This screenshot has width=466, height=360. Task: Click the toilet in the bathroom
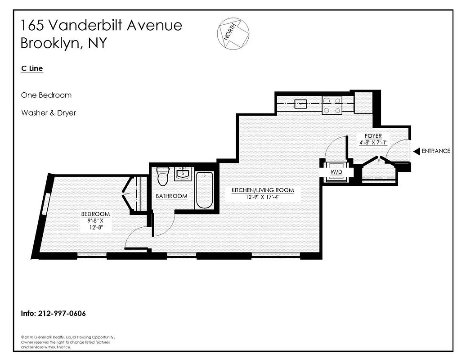pos(162,175)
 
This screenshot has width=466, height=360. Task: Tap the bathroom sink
pos(183,174)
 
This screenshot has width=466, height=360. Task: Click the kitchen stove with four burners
pos(332,105)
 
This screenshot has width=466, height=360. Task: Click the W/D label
pos(336,171)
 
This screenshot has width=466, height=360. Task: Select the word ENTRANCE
pos(435,151)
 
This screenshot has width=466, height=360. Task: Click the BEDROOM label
pos(95,214)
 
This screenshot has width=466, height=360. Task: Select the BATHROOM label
pos(171,196)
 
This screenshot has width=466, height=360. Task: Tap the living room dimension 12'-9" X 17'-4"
pos(263,197)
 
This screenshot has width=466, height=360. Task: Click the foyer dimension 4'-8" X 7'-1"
pos(373,143)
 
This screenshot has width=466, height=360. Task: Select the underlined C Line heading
pos(32,69)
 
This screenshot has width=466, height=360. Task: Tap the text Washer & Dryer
pos(49,113)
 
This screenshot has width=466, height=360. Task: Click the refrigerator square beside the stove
pos(363,103)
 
